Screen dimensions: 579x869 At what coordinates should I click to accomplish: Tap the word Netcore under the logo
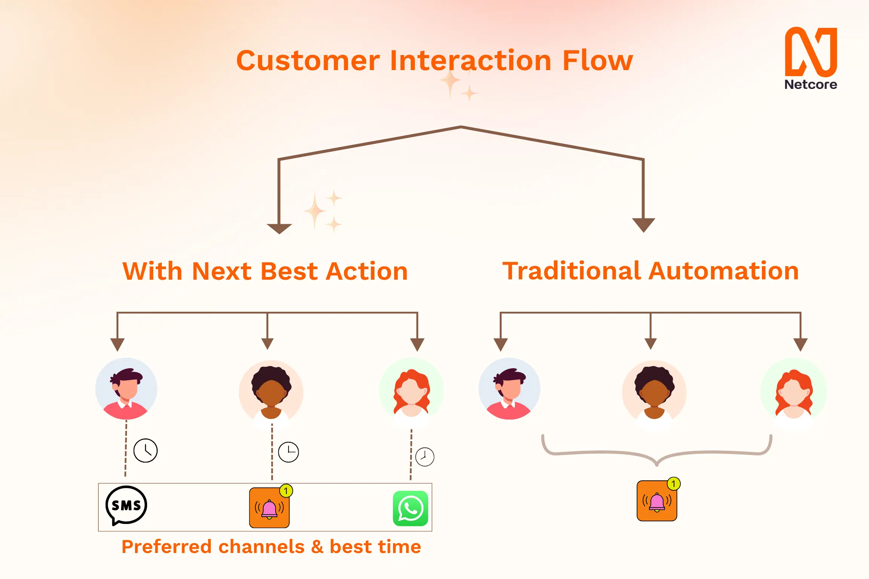pyautogui.click(x=811, y=84)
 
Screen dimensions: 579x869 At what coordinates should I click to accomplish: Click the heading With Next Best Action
pyautogui.click(x=265, y=271)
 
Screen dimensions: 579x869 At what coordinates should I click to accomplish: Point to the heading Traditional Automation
pyautogui.click(x=651, y=271)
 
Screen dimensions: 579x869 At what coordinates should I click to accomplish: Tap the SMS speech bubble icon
pyautogui.click(x=126, y=505)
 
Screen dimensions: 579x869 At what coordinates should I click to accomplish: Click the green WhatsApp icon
pyautogui.click(x=410, y=508)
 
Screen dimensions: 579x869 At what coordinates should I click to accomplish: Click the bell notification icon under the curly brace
pyautogui.click(x=657, y=501)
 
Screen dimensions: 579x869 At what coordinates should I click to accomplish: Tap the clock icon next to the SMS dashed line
pyautogui.click(x=146, y=450)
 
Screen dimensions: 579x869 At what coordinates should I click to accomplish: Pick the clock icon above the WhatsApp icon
pyautogui.click(x=425, y=457)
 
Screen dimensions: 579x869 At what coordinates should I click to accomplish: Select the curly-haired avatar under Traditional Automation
pyautogui.click(x=654, y=392)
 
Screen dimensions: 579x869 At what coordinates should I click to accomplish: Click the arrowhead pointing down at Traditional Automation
pyautogui.click(x=643, y=225)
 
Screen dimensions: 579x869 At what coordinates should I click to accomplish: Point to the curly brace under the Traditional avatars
pyautogui.click(x=657, y=454)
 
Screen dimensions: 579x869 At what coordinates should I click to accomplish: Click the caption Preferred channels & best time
pyautogui.click(x=271, y=547)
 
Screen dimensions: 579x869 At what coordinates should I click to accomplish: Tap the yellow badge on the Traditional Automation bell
pyautogui.click(x=673, y=484)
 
